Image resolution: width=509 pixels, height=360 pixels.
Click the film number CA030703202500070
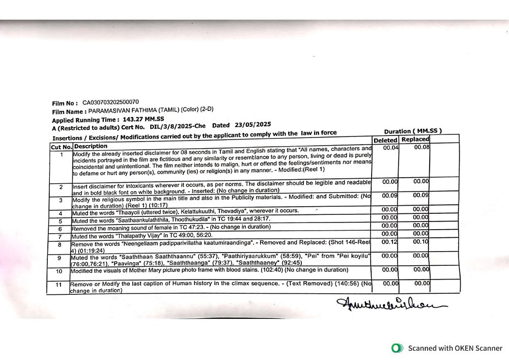(x=110, y=102)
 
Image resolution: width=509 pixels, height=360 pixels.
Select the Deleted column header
(x=385, y=140)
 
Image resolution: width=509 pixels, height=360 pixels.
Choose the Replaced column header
(x=415, y=139)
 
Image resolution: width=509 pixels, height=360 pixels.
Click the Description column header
(x=91, y=146)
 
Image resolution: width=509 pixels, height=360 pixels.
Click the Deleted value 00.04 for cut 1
(x=390, y=148)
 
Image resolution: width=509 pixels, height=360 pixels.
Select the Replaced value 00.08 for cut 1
(x=421, y=147)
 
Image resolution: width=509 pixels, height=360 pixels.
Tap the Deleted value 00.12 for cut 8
(x=389, y=242)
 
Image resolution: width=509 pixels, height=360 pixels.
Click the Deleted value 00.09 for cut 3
(x=390, y=195)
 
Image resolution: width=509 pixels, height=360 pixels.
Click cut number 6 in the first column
(x=60, y=229)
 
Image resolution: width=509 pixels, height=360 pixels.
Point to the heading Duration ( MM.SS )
(x=413, y=131)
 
